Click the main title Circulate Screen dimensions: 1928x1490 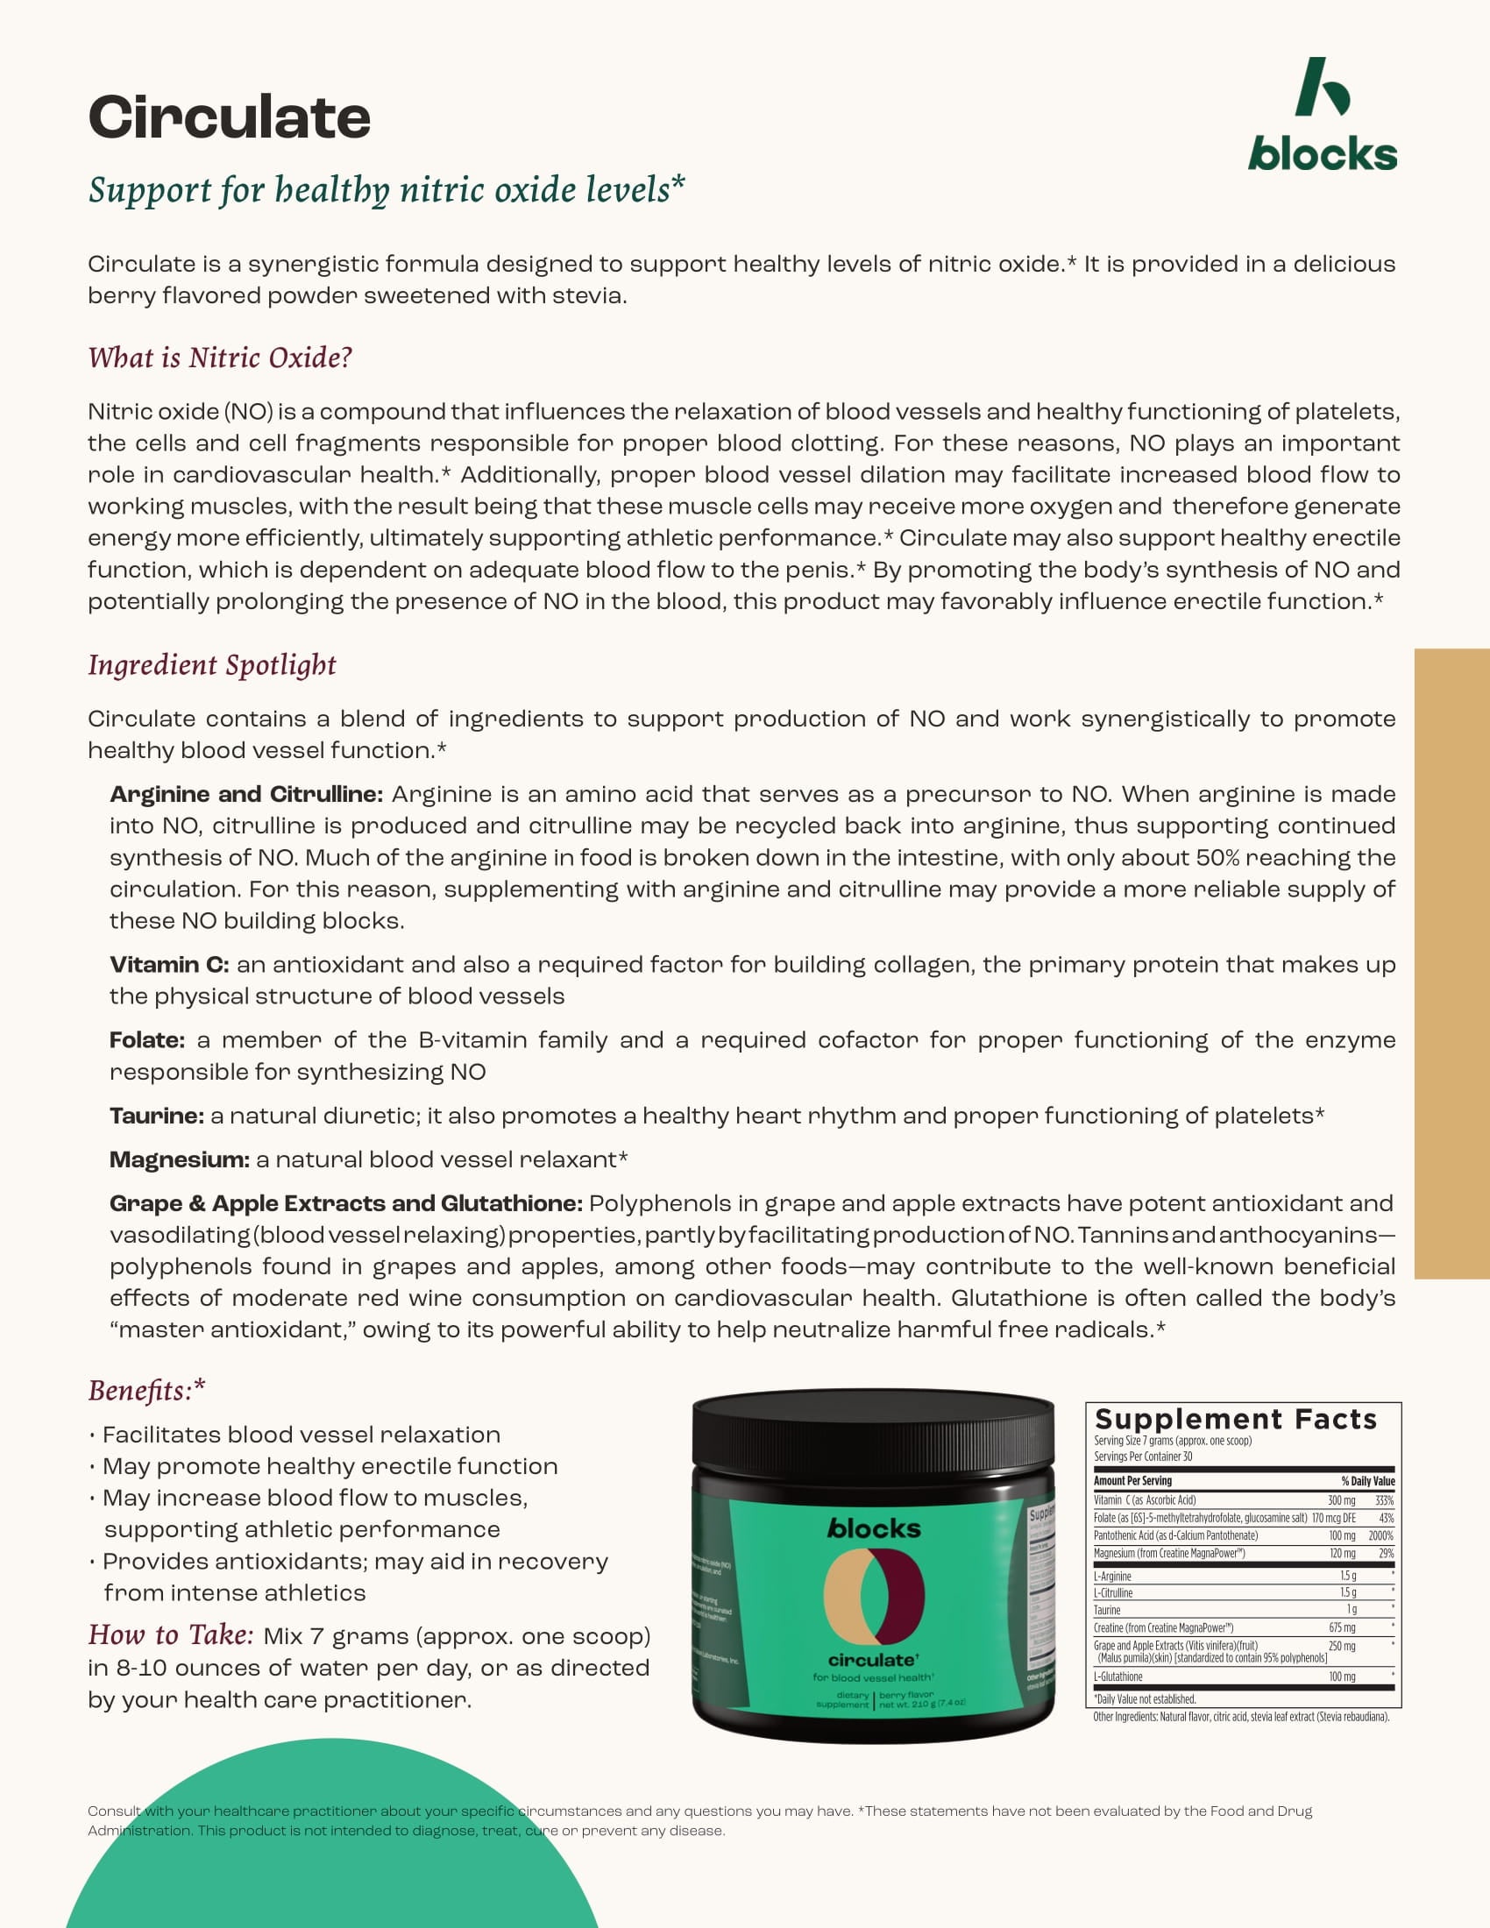[229, 117]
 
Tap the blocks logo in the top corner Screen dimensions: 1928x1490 [1323, 116]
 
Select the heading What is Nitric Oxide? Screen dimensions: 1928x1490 [220, 358]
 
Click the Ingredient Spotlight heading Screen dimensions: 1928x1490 [212, 665]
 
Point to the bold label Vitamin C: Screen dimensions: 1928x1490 [168, 965]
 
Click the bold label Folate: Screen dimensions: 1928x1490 [146, 1040]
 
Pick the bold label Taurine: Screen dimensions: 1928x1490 [156, 1116]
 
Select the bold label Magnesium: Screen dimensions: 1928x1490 [179, 1159]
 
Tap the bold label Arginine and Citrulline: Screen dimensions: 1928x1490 [245, 795]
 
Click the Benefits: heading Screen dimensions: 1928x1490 [146, 1391]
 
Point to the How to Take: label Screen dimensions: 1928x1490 [170, 1635]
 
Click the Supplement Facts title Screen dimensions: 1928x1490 [1236, 1420]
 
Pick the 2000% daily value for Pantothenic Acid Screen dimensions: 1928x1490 [1380, 1536]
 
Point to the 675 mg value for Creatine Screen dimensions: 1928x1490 [1342, 1628]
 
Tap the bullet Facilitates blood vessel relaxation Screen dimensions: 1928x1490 [301, 1435]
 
